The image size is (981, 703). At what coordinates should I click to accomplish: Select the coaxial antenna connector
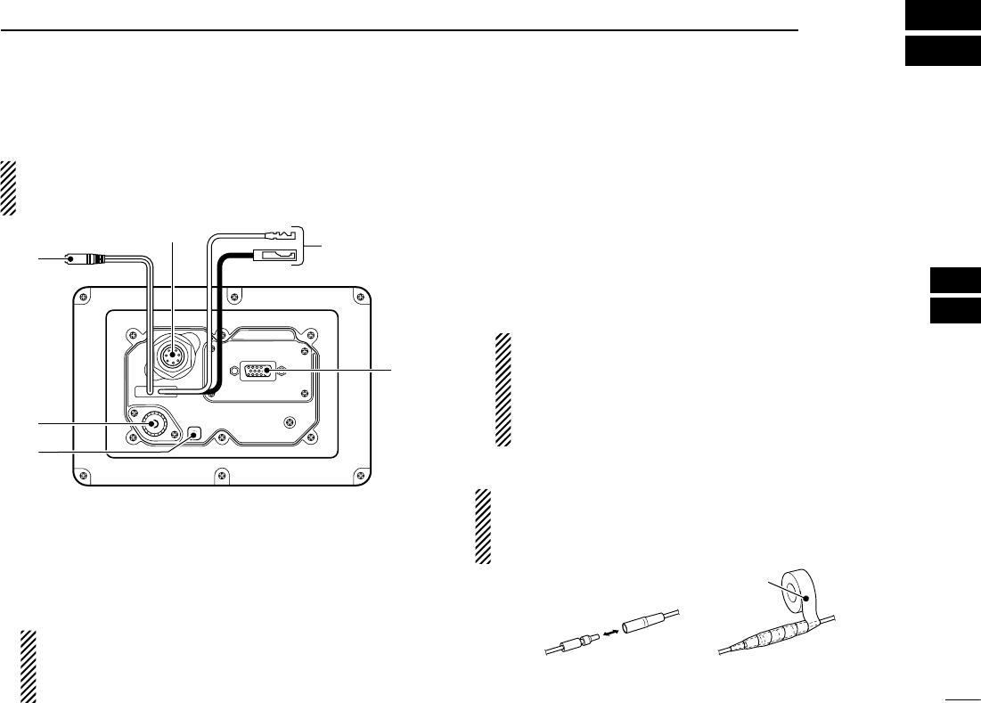click(x=152, y=424)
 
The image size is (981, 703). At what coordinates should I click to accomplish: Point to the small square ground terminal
click(x=197, y=434)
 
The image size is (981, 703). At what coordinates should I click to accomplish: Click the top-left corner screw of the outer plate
click(x=84, y=295)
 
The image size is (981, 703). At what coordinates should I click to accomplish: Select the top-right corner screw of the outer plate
click(x=356, y=295)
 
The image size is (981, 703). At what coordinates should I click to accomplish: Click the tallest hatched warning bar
click(x=505, y=390)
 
